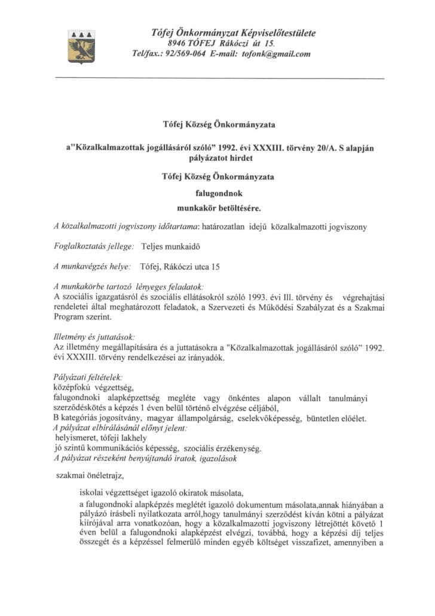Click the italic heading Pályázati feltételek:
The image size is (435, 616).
[88, 377]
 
